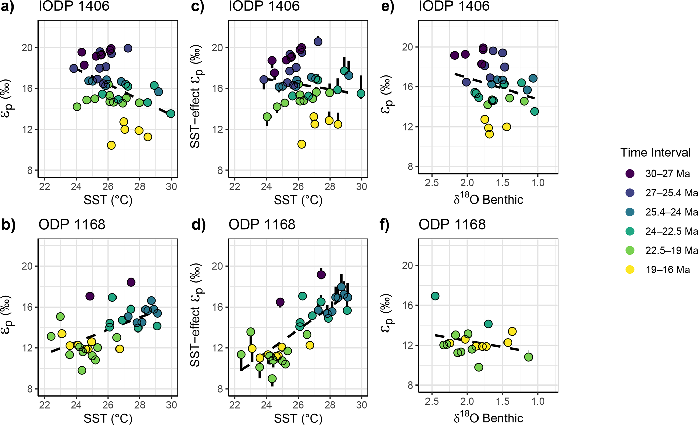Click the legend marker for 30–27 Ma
(x=630, y=174)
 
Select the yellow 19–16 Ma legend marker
(x=630, y=269)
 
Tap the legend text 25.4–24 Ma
(x=671, y=212)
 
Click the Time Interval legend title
(x=655, y=153)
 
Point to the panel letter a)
(x=7, y=7)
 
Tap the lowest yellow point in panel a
(x=111, y=145)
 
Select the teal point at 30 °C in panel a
(x=171, y=114)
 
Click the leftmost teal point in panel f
(x=435, y=296)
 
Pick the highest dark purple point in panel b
(x=131, y=282)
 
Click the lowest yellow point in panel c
(x=302, y=144)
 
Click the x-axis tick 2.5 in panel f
(x=432, y=402)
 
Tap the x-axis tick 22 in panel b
(x=45, y=405)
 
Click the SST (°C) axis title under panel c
(x=298, y=200)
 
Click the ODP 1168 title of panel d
(x=262, y=225)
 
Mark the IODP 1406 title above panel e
(x=454, y=6)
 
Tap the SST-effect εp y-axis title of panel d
(x=196, y=315)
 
